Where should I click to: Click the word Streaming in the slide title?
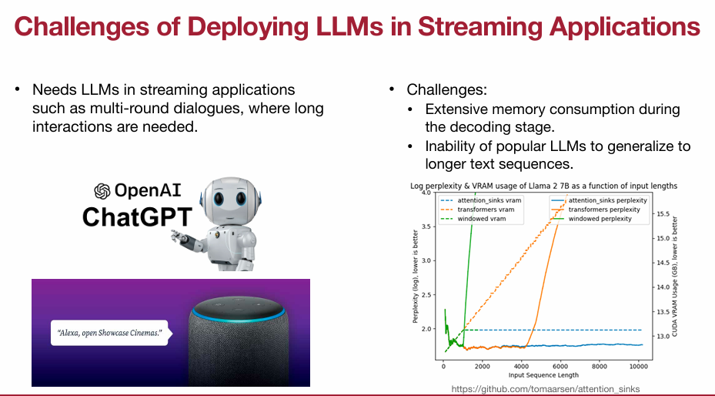click(x=478, y=27)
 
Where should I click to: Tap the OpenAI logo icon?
click(x=102, y=190)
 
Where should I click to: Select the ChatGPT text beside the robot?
click(x=135, y=216)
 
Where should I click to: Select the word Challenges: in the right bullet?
click(x=447, y=90)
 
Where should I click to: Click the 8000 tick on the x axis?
click(x=599, y=367)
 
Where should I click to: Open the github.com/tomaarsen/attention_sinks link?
click(x=546, y=389)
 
